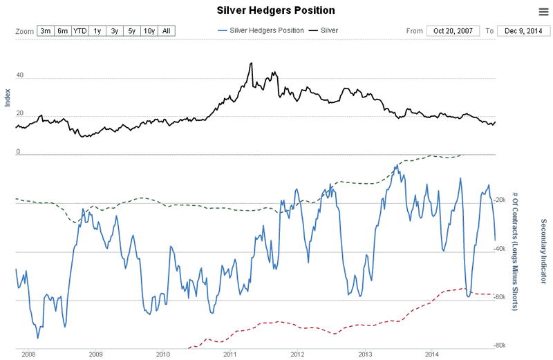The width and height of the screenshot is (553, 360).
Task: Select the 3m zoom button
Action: pyautogui.click(x=46, y=31)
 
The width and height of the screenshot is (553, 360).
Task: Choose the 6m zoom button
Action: pyautogui.click(x=63, y=31)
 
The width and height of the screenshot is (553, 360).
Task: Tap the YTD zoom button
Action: pyautogui.click(x=81, y=31)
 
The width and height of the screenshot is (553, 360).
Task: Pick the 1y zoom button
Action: pyautogui.click(x=97, y=31)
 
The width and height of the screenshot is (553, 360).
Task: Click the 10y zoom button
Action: pyautogui.click(x=149, y=31)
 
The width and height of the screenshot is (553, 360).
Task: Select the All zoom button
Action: pyautogui.click(x=167, y=31)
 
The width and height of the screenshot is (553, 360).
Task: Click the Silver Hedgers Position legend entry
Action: pyautogui.click(x=261, y=31)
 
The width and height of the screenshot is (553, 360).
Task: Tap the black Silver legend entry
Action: pyautogui.click(x=324, y=31)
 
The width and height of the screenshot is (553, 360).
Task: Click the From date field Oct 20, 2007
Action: pyautogui.click(x=452, y=31)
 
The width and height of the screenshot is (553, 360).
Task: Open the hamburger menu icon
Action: pyautogui.click(x=543, y=12)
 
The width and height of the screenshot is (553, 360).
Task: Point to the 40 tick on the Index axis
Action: pyautogui.click(x=19, y=76)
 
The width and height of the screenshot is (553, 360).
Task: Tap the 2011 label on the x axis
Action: pyautogui.click(x=230, y=354)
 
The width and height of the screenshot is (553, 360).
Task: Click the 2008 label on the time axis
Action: pyautogui.click(x=28, y=354)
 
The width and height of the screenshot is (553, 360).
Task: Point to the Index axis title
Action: pyautogui.click(x=8, y=97)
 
